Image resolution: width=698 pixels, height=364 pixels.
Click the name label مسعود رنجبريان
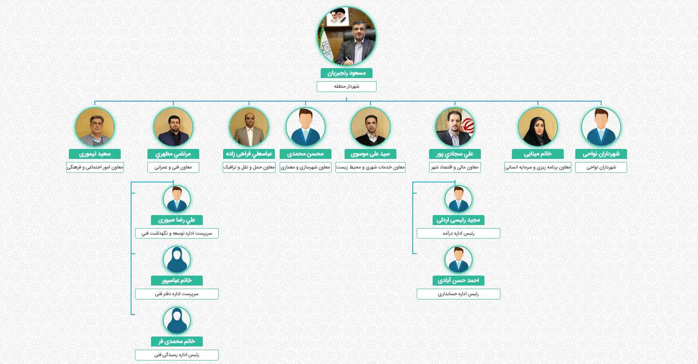(346, 73)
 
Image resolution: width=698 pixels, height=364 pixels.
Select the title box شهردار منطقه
(346, 86)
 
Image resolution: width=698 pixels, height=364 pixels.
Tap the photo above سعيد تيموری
(95, 127)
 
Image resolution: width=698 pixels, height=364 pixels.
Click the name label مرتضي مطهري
(173, 154)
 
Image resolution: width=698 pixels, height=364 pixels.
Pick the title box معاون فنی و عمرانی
(173, 167)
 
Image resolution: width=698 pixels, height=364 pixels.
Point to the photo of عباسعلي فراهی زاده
(249, 127)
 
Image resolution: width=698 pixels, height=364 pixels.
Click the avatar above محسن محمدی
(306, 127)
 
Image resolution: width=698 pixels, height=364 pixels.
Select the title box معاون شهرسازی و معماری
(306, 167)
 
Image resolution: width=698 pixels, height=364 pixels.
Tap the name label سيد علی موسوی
(371, 154)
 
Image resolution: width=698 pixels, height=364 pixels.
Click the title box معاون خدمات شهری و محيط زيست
(371, 167)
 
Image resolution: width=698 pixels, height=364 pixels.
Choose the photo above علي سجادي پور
(455, 127)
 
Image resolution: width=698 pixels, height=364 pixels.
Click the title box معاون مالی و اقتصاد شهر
(455, 167)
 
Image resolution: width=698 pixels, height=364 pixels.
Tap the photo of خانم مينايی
(538, 127)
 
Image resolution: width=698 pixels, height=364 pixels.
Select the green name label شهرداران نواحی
(601, 154)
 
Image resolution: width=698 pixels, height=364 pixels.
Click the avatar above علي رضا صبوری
(177, 199)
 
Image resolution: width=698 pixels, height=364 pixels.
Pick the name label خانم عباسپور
(177, 280)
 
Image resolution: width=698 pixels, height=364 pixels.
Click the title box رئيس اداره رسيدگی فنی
(177, 355)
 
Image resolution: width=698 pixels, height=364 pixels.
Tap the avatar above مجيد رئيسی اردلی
(459, 199)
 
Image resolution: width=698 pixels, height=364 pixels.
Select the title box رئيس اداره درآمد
(459, 233)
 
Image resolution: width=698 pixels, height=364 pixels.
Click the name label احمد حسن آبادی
(459, 280)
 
